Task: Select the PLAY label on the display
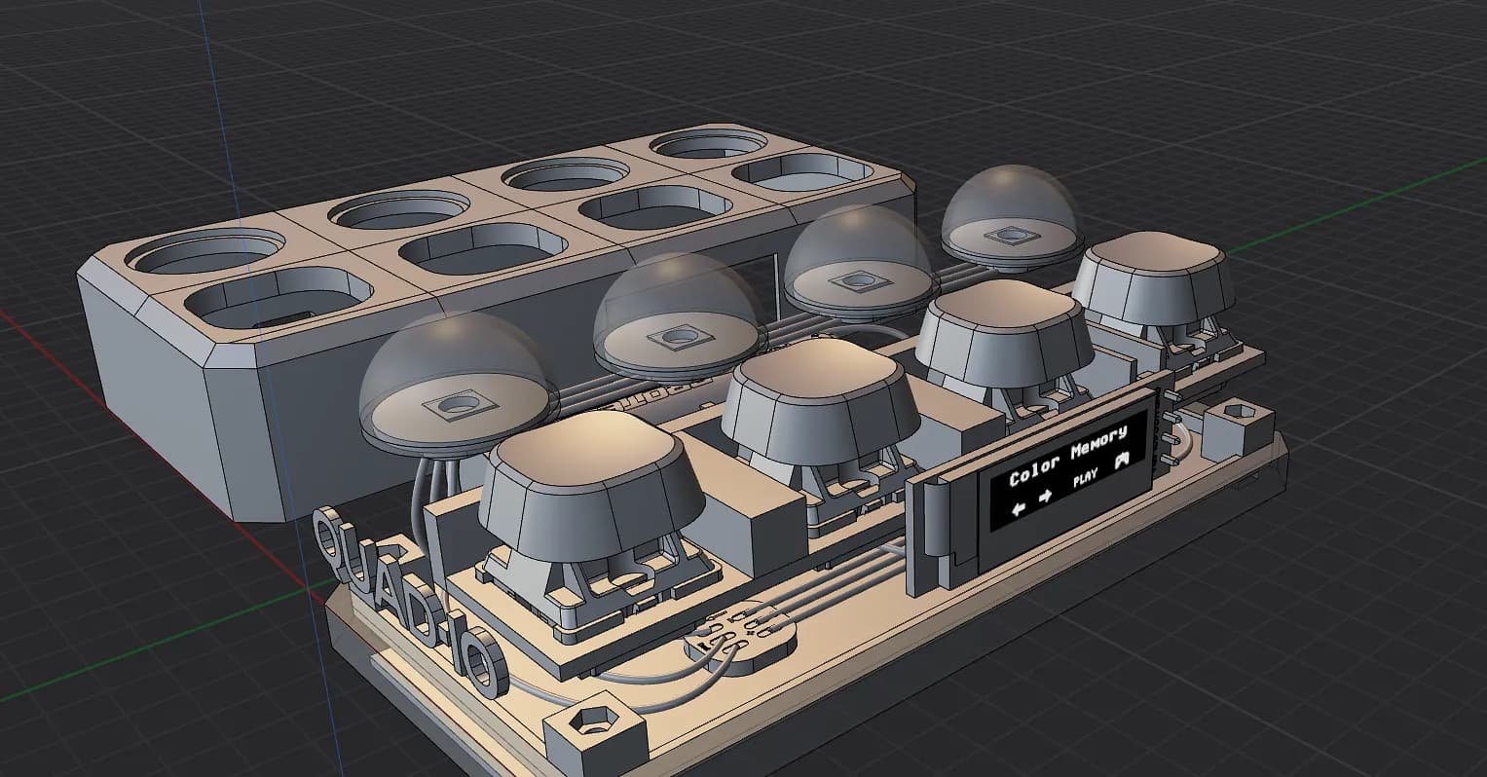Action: pos(1085,477)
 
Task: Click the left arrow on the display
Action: pos(1019,508)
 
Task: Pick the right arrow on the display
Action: pos(1045,497)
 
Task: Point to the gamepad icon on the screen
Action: pos(1123,460)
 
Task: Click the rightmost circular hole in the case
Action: pos(707,145)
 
